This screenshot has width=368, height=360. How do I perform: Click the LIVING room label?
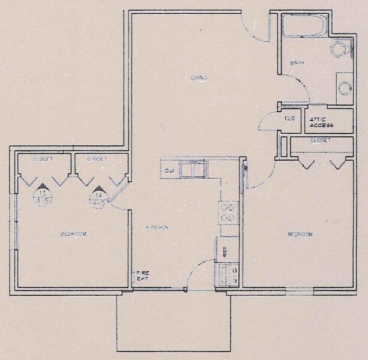tap(199, 78)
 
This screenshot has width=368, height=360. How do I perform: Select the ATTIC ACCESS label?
tap(321, 122)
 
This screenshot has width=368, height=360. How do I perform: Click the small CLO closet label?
tap(289, 118)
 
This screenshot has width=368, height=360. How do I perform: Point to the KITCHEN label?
tap(158, 228)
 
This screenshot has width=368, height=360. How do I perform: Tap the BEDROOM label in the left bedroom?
tap(74, 234)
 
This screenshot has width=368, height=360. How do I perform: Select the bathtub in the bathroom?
tap(305, 25)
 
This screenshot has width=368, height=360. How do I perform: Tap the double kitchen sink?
tap(193, 170)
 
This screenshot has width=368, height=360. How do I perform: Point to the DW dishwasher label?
tap(169, 171)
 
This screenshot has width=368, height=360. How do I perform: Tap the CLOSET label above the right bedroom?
tap(320, 140)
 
